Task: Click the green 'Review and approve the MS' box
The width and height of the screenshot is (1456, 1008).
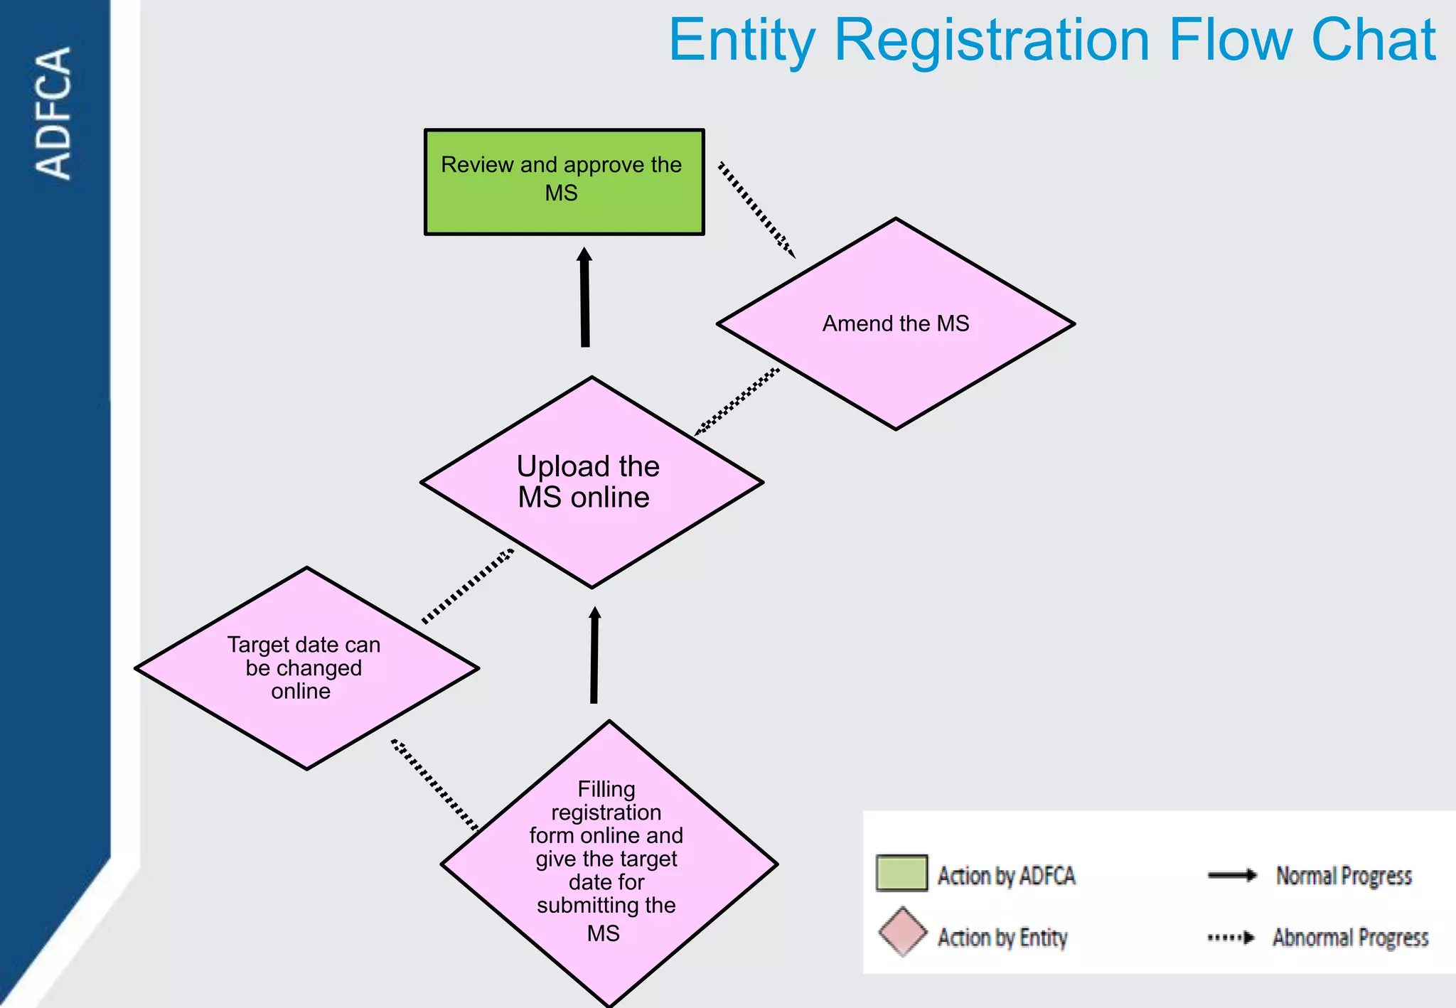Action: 564,182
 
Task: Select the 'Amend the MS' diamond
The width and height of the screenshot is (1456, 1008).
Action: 895,324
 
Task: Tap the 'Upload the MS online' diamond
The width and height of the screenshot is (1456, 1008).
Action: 591,482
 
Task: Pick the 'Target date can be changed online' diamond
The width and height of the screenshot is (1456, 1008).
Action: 306,668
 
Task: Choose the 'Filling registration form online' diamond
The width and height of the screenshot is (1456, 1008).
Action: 609,864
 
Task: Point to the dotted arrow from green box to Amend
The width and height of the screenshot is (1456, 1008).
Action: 756,209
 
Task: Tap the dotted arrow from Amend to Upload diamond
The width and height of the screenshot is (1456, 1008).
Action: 737,401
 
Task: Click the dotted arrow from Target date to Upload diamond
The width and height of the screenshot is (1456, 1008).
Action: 468,586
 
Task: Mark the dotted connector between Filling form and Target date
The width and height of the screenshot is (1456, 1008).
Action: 434,785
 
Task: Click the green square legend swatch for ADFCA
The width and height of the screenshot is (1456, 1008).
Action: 901,873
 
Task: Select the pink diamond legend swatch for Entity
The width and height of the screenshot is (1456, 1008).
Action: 902,932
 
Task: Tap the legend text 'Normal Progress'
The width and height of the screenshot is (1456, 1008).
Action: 1343,876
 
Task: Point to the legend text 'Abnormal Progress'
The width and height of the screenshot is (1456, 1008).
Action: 1350,938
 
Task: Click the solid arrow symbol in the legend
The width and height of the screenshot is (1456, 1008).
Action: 1232,875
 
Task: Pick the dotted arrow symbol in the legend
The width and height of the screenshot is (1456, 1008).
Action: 1231,938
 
